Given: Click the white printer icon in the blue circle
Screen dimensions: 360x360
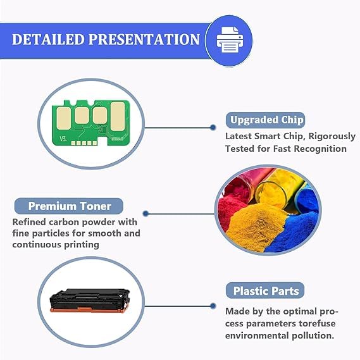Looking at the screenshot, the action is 230,40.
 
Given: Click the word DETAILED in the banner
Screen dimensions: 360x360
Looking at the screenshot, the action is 48,39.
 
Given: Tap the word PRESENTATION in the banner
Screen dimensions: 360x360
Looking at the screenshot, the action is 144,39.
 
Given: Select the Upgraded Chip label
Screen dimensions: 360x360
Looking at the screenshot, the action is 265,120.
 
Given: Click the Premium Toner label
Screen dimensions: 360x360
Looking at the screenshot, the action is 69,206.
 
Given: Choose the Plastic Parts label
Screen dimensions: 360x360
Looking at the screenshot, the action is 265,290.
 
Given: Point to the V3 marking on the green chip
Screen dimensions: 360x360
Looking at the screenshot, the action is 63,139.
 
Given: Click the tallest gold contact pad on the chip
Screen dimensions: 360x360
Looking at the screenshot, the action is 118,116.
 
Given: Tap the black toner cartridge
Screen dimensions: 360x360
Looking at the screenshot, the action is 90,301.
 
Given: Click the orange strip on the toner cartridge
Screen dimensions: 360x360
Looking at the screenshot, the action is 87,310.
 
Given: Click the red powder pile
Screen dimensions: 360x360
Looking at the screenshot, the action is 232,202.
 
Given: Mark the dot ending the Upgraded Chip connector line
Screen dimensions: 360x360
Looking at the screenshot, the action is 213,127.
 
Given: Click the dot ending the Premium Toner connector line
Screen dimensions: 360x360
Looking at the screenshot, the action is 146,214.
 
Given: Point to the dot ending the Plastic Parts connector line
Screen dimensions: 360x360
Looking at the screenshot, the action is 213,306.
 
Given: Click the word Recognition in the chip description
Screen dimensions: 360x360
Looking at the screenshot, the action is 320,149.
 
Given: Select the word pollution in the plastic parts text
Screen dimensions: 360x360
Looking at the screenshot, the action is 313,336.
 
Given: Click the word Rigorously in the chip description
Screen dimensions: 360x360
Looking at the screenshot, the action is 332,137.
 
